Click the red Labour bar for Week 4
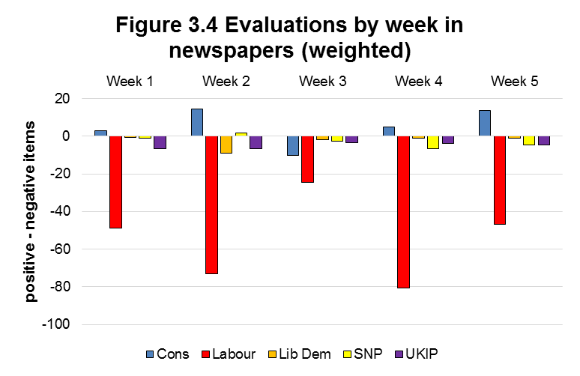tap(404, 212)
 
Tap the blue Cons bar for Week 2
tap(197, 123)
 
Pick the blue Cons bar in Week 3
tap(293, 146)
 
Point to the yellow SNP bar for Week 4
tap(433, 142)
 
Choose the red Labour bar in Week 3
tap(307, 160)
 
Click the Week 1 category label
tap(130, 81)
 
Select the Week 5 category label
tap(514, 81)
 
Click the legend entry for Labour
tap(229, 354)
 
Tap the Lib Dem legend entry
tap(300, 354)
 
